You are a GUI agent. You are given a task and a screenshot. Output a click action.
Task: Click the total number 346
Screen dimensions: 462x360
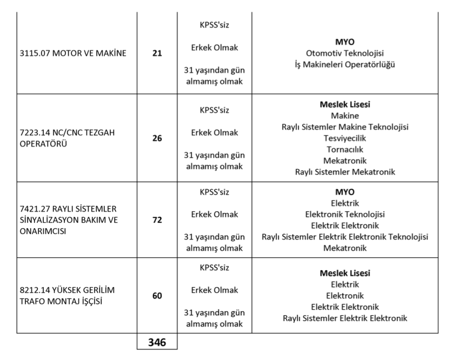[x=157, y=343]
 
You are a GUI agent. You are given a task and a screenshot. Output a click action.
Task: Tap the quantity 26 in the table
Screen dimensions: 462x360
[x=157, y=138]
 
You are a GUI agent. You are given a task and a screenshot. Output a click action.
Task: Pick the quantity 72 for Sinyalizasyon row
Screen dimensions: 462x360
[x=157, y=221]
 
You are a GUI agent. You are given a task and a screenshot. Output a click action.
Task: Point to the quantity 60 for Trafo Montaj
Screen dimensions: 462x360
[x=157, y=296]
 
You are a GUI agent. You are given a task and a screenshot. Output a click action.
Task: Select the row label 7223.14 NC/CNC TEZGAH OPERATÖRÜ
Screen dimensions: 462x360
[x=64, y=138]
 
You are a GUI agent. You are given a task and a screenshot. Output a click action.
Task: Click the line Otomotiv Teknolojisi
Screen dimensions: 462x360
[x=345, y=53]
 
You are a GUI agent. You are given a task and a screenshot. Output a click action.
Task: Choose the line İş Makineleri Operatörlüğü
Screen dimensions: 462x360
[x=345, y=65]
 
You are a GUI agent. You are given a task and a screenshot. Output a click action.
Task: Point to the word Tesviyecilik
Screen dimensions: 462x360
[x=345, y=138]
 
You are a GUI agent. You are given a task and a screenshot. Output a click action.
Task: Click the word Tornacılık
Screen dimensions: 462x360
[x=345, y=149]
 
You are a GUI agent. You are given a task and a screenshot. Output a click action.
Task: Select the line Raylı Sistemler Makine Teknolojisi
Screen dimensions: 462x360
[x=345, y=126]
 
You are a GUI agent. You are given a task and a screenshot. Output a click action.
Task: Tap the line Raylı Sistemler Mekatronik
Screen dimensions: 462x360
[x=345, y=172]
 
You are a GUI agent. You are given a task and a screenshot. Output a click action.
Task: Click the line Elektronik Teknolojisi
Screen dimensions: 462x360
[x=345, y=214]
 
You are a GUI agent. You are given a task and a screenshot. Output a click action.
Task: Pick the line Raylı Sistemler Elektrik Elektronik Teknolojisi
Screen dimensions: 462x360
[x=345, y=237]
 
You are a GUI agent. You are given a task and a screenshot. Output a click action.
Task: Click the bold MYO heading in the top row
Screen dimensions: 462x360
[x=345, y=42]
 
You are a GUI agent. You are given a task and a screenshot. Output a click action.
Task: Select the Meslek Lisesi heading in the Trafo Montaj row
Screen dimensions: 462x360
[x=345, y=273]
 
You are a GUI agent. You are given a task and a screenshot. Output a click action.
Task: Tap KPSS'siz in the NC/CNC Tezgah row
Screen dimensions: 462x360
[x=214, y=110]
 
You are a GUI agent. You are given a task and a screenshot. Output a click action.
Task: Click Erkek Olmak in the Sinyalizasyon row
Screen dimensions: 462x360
[x=214, y=214]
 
